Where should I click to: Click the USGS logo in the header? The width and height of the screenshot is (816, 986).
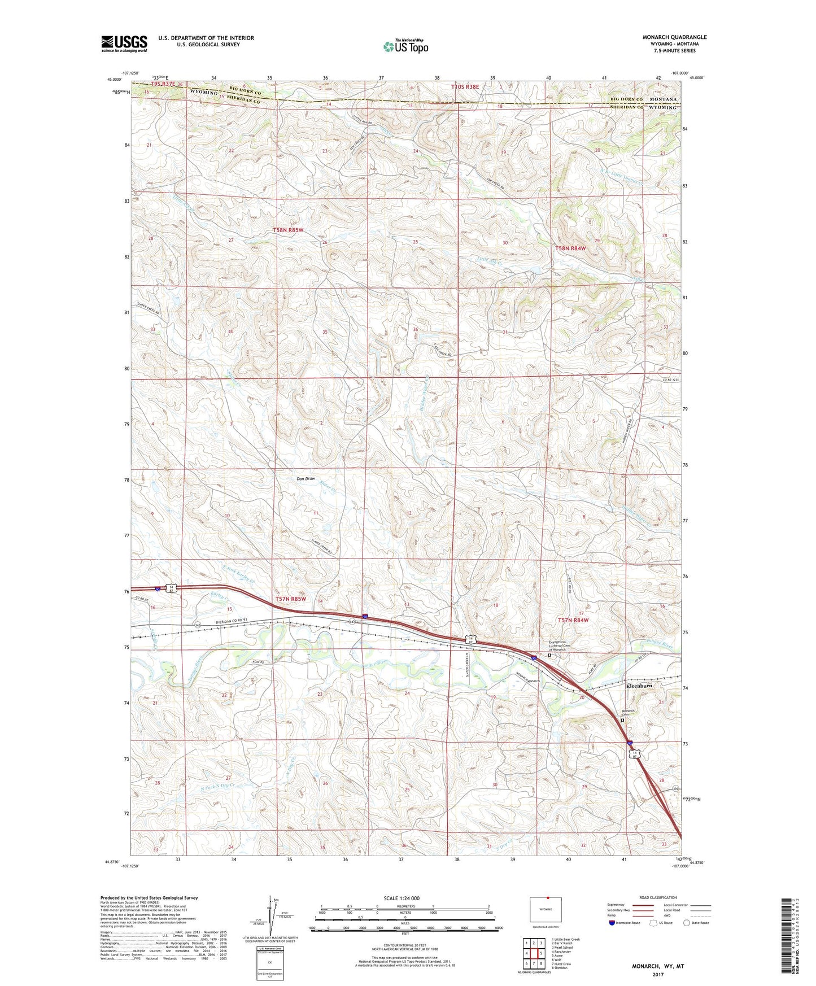coord(124,43)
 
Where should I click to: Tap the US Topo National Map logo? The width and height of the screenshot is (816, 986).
coord(405,46)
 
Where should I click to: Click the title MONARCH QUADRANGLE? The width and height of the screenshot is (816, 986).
coord(674,37)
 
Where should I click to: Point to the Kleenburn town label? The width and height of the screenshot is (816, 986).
coord(639,686)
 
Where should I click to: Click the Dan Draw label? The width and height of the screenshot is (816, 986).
coord(306,479)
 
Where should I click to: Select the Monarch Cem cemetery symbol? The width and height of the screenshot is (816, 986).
coord(622,721)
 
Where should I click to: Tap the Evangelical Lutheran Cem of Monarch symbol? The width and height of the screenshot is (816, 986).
coord(549,656)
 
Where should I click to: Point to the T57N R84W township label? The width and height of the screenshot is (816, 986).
coord(573,620)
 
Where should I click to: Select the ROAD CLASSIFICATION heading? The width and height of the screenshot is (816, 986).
coord(657,897)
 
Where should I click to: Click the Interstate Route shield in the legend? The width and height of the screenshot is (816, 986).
coord(612,923)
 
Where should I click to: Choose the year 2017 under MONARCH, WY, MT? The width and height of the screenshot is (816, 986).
coord(657,974)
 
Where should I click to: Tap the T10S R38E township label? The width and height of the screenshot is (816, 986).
coord(465,87)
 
